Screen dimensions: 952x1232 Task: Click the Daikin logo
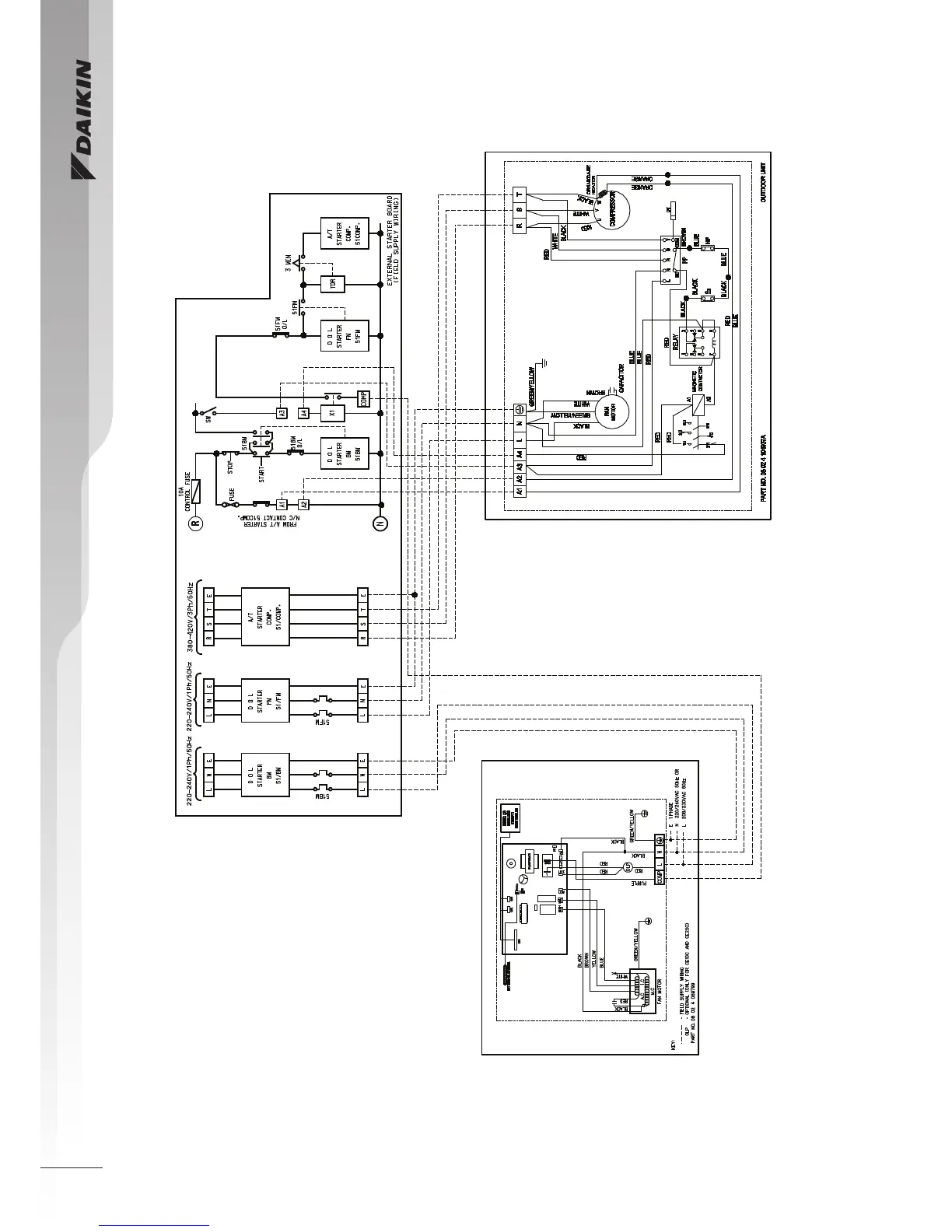(x=82, y=121)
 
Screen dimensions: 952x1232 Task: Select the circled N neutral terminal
(x=380, y=523)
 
